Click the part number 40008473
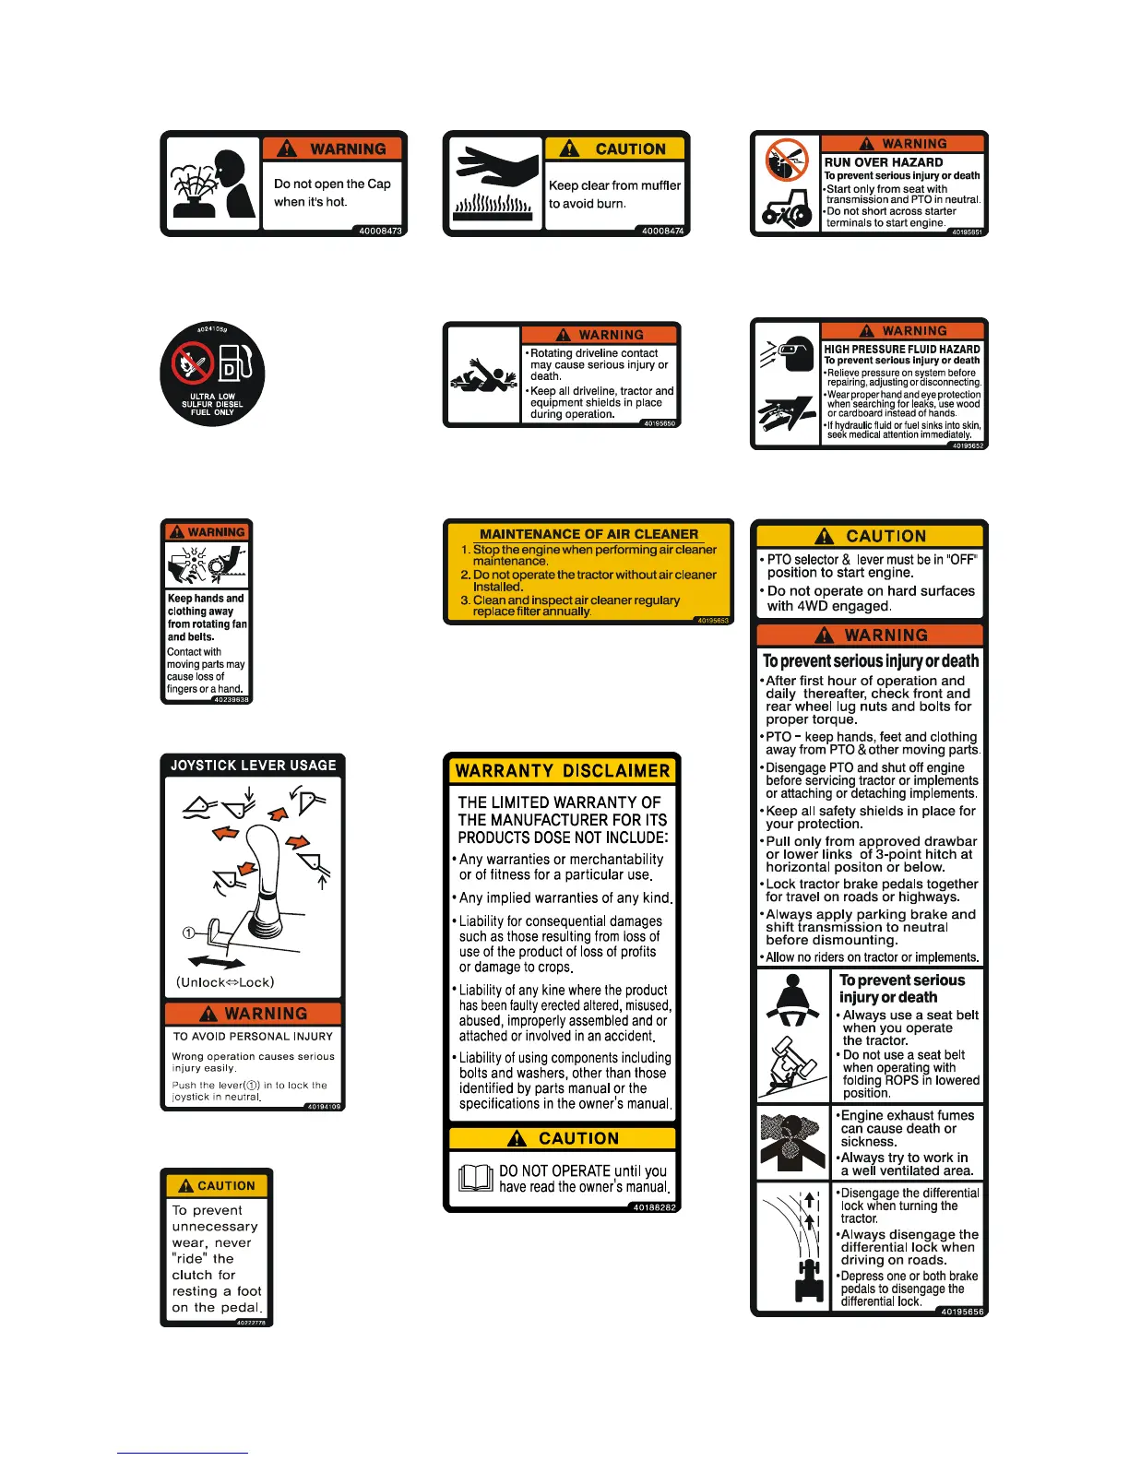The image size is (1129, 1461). (x=380, y=231)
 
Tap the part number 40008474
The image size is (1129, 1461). (x=663, y=231)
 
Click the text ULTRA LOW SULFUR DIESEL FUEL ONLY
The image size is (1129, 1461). (x=212, y=405)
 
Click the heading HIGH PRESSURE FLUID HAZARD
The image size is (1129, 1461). (x=902, y=350)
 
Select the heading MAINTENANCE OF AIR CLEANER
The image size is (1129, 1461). (x=588, y=534)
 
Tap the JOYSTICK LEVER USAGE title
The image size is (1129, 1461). (x=253, y=766)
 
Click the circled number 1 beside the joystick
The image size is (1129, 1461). (x=188, y=932)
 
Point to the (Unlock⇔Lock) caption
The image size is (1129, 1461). (x=225, y=982)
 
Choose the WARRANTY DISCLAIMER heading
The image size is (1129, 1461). (x=563, y=771)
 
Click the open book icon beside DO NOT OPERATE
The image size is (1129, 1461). (x=476, y=1178)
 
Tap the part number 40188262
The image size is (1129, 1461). (x=655, y=1206)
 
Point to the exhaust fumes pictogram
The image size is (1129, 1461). (x=792, y=1141)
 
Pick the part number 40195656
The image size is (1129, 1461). (x=962, y=1312)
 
